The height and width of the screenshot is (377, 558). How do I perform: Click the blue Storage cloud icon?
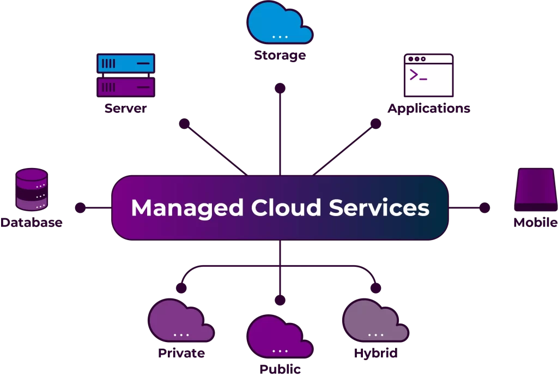pyautogui.click(x=280, y=23)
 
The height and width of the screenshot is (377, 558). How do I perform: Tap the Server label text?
pyautogui.click(x=126, y=108)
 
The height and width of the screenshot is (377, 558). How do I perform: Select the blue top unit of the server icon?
pyautogui.click(x=126, y=64)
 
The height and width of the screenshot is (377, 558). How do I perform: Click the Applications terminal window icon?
pyautogui.click(x=428, y=75)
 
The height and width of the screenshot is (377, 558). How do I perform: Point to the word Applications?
pyautogui.click(x=428, y=108)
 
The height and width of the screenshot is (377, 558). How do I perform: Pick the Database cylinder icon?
pyautogui.click(x=32, y=190)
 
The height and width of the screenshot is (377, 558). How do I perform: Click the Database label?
pyautogui.click(x=31, y=223)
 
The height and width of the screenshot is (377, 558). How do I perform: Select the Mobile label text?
pyautogui.click(x=535, y=223)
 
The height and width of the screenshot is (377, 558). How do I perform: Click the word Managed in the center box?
pyautogui.click(x=187, y=208)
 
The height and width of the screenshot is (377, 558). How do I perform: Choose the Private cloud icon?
pyautogui.click(x=181, y=321)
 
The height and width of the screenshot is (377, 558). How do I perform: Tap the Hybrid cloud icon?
pyautogui.click(x=375, y=321)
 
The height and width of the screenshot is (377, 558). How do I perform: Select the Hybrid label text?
pyautogui.click(x=375, y=353)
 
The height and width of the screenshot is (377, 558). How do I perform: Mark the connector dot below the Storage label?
pyautogui.click(x=280, y=88)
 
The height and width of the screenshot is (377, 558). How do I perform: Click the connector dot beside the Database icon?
pyautogui.click(x=80, y=207)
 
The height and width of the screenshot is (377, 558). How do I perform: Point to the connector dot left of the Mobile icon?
pyautogui.click(x=484, y=207)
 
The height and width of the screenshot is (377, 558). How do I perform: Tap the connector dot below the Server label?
pyautogui.click(x=184, y=124)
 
